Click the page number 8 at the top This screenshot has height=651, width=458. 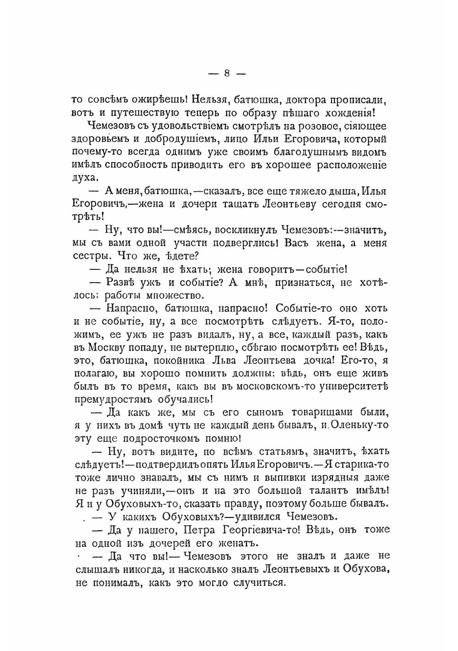point(227,73)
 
